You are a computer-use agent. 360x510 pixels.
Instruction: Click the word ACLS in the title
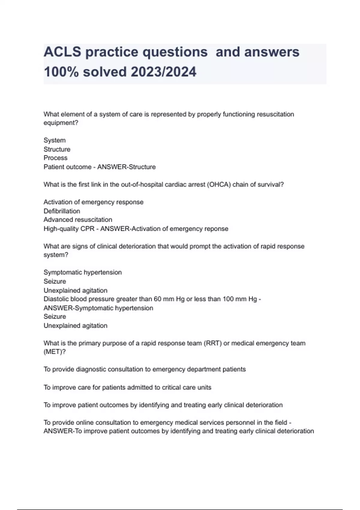tap(62, 52)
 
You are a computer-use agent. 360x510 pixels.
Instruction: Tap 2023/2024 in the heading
tap(163, 72)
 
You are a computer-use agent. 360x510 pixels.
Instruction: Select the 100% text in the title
tap(61, 72)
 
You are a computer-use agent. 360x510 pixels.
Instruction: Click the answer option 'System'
tap(55, 140)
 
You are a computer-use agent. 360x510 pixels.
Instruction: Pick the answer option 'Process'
tap(55, 158)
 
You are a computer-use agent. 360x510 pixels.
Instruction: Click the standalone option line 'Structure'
tap(57, 149)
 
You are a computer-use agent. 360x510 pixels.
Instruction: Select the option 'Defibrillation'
tap(62, 211)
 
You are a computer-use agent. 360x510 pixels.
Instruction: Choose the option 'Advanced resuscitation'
tap(78, 220)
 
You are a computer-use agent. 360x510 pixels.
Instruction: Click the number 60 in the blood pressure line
tap(157, 299)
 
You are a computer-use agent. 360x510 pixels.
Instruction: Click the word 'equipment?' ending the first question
tap(61, 123)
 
